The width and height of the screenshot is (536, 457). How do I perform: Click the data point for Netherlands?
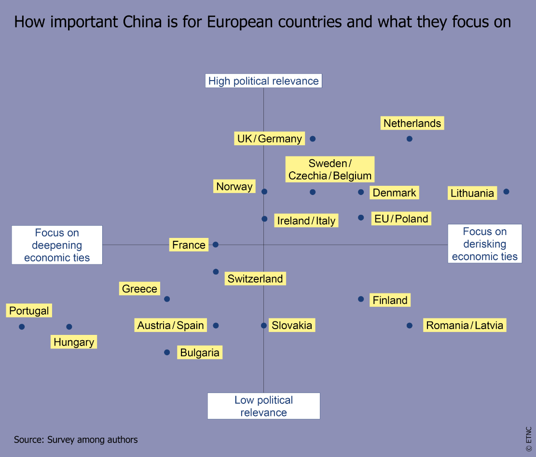point(410,139)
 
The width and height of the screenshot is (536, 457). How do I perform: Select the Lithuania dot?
point(506,192)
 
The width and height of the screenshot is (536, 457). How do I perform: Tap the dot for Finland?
point(361,299)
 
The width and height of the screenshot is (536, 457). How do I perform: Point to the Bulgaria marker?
point(167,352)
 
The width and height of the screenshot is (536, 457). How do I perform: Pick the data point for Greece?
point(167,299)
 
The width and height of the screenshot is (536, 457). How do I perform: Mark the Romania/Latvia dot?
point(410,326)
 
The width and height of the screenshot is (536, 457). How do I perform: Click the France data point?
point(216,245)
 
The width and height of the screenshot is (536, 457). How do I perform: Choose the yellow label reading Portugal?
point(29,311)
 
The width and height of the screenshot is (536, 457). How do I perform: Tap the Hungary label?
point(74,342)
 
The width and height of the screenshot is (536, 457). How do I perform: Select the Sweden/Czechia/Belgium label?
point(330,169)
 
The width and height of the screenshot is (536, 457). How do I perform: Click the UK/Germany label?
point(269,139)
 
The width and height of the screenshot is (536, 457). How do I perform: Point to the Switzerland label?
point(255,278)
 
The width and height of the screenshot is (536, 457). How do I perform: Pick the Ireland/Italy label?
point(306,221)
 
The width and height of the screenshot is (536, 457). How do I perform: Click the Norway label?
point(234,186)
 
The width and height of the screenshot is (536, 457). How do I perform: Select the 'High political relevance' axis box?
point(263,81)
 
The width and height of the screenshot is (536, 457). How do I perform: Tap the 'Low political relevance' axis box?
point(263,406)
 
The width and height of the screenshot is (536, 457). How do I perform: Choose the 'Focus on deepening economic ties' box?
point(57,245)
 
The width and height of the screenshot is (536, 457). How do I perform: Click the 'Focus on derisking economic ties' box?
point(484,244)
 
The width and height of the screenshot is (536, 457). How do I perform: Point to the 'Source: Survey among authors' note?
point(76,439)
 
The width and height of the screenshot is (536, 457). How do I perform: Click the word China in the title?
point(143,22)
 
